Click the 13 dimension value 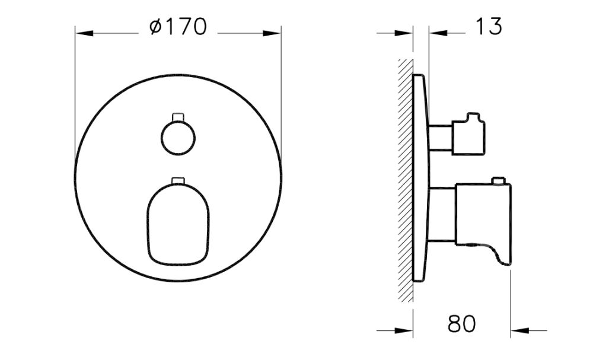(488, 27)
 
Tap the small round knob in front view (178, 138)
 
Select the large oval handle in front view (178, 222)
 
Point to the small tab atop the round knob (178, 116)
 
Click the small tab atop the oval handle (178, 180)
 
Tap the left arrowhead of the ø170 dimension (83, 34)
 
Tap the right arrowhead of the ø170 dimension (273, 34)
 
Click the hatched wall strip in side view (406, 178)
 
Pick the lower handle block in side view (482, 214)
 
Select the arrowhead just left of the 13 (437, 34)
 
